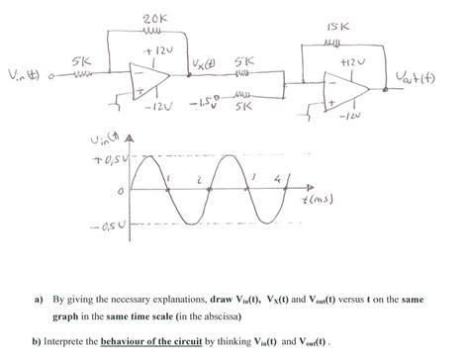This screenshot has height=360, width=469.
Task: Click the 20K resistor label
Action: (153, 20)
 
